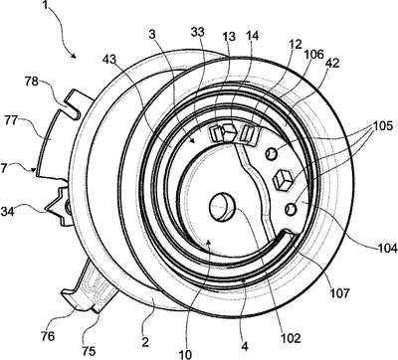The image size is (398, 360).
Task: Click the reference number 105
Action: point(383,126)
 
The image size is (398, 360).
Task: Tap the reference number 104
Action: point(388,248)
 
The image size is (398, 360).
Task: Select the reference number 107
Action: point(339,293)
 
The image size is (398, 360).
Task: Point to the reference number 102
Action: point(291,338)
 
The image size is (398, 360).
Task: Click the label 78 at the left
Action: point(32,82)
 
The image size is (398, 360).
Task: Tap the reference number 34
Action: point(8,211)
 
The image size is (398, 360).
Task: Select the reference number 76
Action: point(48,337)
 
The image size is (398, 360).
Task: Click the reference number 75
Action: point(89,351)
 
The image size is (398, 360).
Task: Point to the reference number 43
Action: point(109,60)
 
